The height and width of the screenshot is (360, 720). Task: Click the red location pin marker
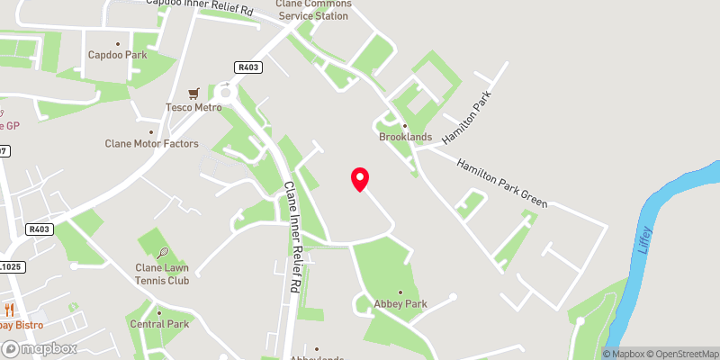359,179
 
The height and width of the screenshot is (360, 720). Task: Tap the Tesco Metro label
193,108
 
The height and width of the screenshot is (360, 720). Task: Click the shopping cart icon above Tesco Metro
193,93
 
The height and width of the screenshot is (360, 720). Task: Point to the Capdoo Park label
117,55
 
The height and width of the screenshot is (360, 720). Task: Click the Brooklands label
405,138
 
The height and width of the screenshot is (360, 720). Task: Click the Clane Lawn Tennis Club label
162,274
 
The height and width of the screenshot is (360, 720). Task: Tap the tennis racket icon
162,254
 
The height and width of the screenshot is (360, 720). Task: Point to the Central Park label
158,324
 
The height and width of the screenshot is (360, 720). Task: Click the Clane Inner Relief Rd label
291,235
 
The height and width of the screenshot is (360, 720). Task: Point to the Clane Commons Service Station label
314,10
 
